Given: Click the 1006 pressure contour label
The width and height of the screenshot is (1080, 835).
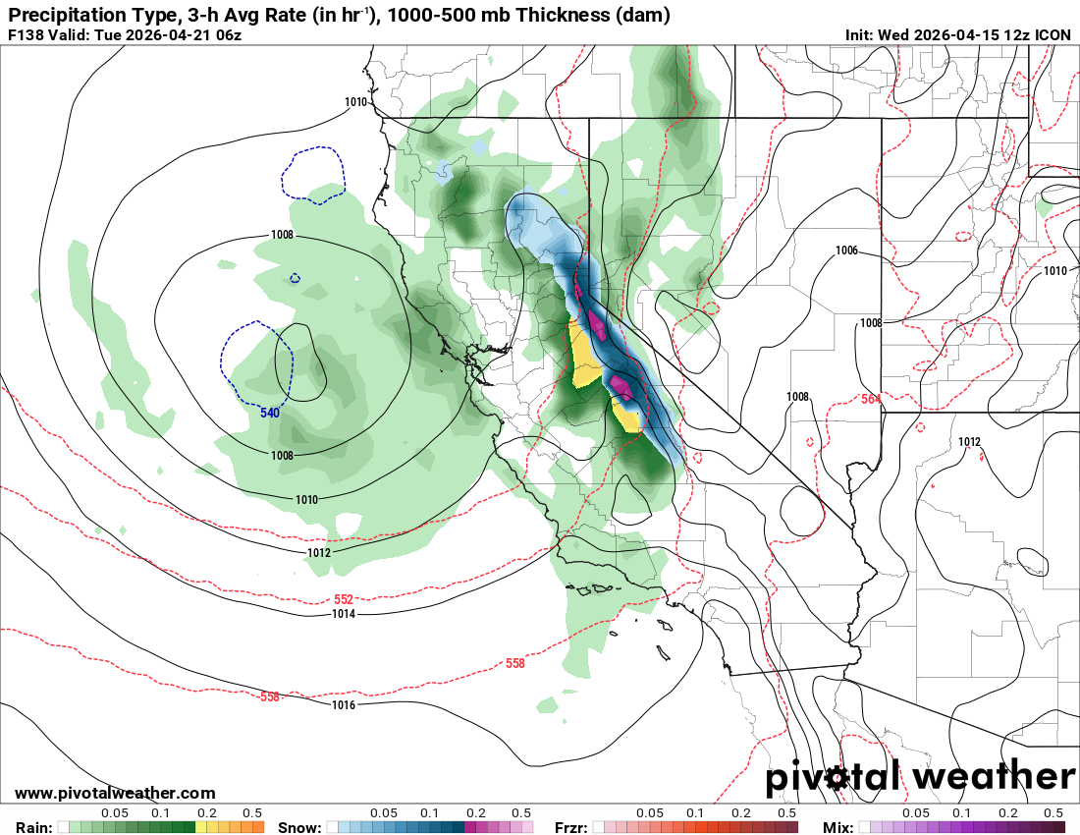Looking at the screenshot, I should pos(846,250).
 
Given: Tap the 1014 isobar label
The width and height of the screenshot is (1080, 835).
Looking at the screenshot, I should pos(343,614).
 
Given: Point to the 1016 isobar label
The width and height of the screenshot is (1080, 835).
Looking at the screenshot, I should pos(343,705).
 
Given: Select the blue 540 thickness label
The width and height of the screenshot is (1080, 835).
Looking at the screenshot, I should pos(270,413).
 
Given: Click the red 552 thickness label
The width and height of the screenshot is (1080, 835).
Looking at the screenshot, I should pos(344,599).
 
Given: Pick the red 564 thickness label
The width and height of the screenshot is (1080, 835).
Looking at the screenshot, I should pos(870,399).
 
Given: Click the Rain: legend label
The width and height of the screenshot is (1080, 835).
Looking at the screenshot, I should pos(34,827).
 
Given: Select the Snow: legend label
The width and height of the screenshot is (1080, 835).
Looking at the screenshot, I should pos(299,827).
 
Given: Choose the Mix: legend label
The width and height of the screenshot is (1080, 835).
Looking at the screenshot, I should pos(840,827).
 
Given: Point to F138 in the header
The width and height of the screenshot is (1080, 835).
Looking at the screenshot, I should pos(26,35).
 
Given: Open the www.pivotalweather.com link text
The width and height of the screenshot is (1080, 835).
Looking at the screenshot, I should pos(115,793).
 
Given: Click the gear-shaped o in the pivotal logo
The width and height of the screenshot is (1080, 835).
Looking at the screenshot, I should pos(837,779).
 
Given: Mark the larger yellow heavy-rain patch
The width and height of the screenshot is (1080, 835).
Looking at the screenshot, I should pos(586,357).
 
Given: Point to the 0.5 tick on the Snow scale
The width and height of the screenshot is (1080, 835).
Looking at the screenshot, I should pos(521,813).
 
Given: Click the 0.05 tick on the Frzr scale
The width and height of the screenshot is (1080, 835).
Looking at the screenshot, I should pos(650,813).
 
